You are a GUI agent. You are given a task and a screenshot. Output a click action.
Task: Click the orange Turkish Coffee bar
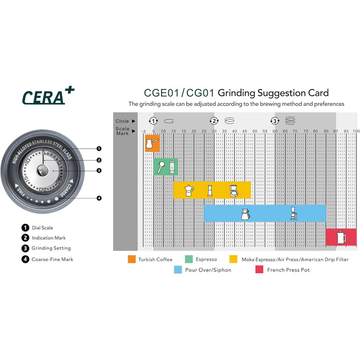click(x=152, y=143)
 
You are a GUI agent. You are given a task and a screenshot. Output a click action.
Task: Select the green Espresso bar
click(x=166, y=167)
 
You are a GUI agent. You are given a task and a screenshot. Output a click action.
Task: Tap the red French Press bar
click(x=341, y=238)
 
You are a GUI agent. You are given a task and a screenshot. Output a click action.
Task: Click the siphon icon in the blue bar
click(x=294, y=213)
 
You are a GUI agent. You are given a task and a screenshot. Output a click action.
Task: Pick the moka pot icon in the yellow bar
click(x=189, y=190)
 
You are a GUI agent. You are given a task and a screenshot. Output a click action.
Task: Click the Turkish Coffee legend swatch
click(x=132, y=259)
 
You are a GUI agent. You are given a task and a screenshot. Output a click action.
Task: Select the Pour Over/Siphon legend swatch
click(x=178, y=269)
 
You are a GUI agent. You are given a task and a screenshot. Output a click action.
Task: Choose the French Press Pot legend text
click(x=289, y=269)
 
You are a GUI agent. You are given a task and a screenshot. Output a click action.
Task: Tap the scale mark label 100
click(x=355, y=132)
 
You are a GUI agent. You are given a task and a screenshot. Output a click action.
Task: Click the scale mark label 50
click(x=255, y=132)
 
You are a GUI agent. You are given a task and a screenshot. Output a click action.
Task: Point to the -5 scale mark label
click(x=143, y=132)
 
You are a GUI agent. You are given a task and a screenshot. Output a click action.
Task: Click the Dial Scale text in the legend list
click(x=42, y=227)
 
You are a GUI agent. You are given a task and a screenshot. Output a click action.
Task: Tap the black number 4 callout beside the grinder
click(x=99, y=198)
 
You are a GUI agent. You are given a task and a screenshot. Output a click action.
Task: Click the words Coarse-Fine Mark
click(x=52, y=259)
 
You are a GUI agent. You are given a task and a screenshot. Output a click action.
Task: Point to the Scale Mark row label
click(x=123, y=131)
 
